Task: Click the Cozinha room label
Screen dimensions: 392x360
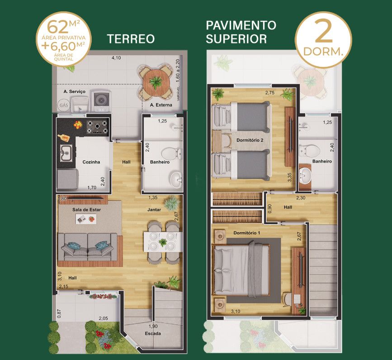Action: tap(91, 162)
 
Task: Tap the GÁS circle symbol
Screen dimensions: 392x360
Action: tap(64, 105)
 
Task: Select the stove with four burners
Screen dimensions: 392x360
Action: tap(97, 126)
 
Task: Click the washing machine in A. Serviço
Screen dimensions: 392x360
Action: tap(101, 101)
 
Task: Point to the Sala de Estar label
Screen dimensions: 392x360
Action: tap(86, 210)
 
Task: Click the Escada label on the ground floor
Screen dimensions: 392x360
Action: tap(153, 333)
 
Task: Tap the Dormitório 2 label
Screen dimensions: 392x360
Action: tap(250, 140)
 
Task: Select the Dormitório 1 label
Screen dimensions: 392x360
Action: tap(247, 233)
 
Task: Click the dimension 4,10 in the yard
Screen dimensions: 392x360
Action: tap(116, 58)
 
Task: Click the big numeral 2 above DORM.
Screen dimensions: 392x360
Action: tap(324, 32)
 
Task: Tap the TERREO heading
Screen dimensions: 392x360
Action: tap(131, 39)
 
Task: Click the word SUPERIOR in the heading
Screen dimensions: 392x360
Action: tap(236, 39)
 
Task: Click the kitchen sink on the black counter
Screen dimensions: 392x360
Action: tap(66, 153)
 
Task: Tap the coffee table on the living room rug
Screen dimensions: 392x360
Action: tap(86, 219)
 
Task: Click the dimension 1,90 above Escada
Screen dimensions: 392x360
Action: tap(153, 326)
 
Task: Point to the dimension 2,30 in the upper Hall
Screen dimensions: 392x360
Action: tap(301, 198)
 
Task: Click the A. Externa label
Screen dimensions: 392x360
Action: tap(161, 105)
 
